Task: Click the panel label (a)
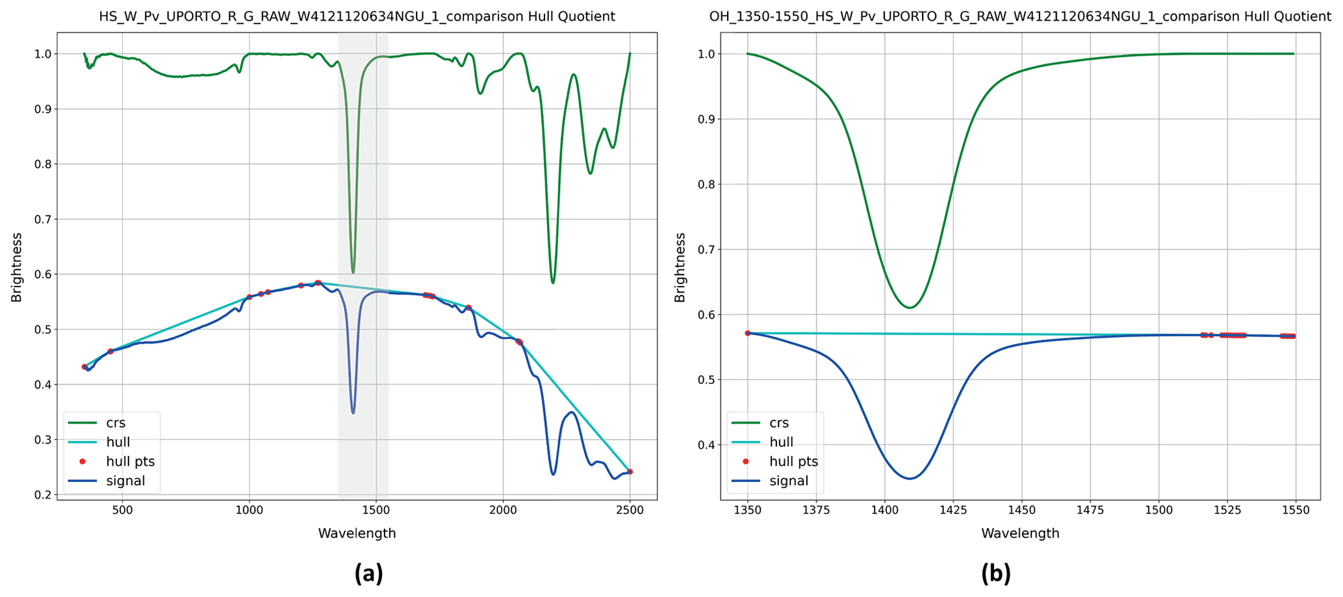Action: (368, 574)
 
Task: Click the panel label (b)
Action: (995, 574)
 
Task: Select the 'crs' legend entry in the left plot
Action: (116, 423)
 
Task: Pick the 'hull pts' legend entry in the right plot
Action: (793, 461)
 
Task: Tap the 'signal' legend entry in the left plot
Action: (125, 481)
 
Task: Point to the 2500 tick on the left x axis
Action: (629, 511)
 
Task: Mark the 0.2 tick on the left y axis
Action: (43, 495)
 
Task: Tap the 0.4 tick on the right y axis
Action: (706, 445)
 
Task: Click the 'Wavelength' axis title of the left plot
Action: (357, 533)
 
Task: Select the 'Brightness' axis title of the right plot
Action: (680, 267)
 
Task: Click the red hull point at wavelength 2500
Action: (630, 472)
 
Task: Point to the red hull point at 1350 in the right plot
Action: (747, 333)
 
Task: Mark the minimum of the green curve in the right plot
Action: (910, 307)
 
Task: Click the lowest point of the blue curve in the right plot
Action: (910, 479)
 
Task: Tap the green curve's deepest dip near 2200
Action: (553, 283)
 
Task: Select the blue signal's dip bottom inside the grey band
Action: (353, 413)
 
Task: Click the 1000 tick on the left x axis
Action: (249, 511)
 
